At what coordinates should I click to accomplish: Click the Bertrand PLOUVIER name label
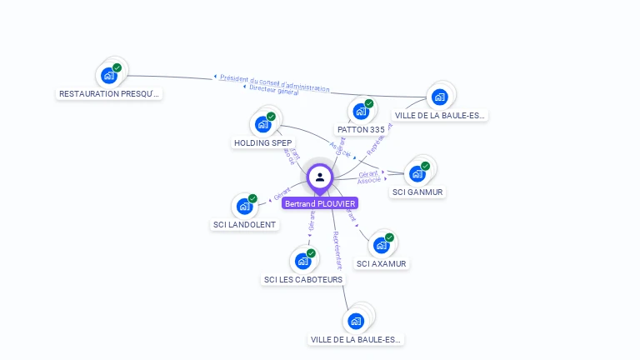coord(320,203)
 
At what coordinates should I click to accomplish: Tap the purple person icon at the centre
coord(320,177)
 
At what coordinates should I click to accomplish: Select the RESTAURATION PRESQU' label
coord(108,94)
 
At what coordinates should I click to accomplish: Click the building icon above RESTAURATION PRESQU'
coord(108,75)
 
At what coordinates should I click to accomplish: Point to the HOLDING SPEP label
coord(262,142)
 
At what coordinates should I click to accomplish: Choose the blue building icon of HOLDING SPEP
coord(263,125)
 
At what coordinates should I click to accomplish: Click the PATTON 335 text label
coord(361,129)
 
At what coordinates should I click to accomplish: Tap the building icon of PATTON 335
coord(361,111)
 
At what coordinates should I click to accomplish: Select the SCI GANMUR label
coord(417,192)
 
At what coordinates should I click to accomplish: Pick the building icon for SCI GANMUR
coord(417,173)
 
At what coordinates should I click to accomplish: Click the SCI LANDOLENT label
coord(244,224)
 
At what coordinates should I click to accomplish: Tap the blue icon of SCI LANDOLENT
coord(244,205)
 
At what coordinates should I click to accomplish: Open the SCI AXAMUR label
coord(382,263)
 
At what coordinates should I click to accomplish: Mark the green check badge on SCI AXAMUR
coord(389,237)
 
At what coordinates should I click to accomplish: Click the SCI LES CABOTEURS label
coord(302,279)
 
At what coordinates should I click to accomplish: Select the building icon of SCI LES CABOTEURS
coord(302,261)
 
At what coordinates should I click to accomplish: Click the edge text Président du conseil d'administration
coord(274,82)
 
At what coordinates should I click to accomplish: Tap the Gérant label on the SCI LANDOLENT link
coord(281,196)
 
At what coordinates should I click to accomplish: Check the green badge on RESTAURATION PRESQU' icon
coord(117,67)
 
